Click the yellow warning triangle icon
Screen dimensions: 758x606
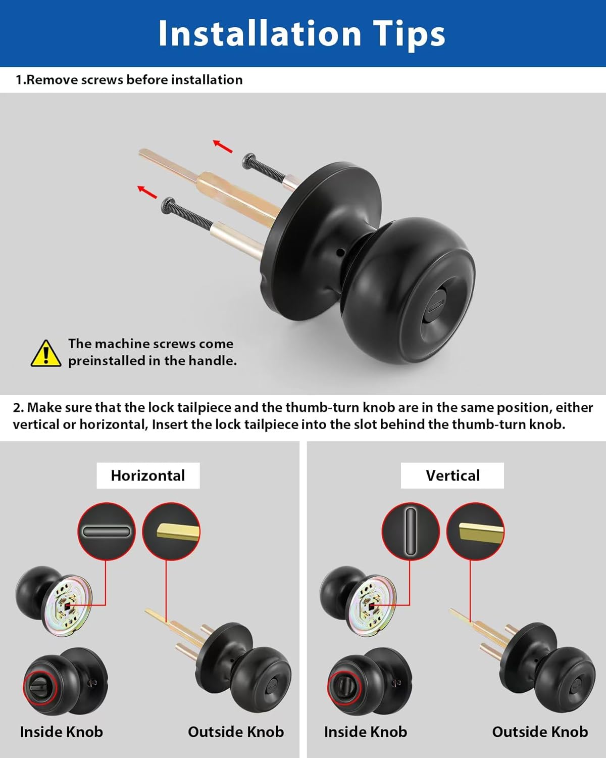click(46, 353)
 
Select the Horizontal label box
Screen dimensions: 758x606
click(148, 476)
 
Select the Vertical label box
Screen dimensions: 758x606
click(452, 476)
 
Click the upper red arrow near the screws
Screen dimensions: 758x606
click(223, 146)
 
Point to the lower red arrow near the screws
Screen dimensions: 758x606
click(147, 192)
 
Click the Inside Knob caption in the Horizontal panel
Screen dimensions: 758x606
click(61, 732)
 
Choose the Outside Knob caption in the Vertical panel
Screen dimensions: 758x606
click(540, 732)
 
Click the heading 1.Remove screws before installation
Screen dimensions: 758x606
click(129, 80)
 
